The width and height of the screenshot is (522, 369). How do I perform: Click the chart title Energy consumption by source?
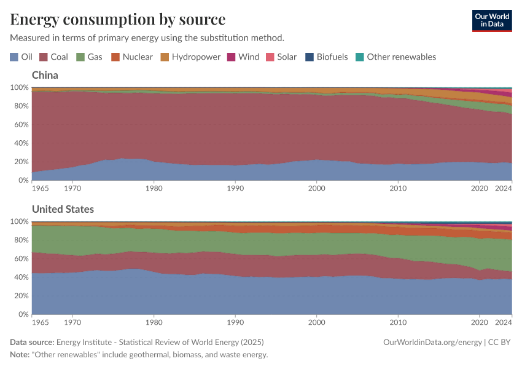(117, 19)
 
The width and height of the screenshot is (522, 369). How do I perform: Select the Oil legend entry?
(21, 57)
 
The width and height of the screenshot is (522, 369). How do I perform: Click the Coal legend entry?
(53, 57)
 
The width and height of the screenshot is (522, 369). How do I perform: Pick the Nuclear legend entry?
(131, 57)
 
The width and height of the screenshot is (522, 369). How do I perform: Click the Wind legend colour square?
(232, 57)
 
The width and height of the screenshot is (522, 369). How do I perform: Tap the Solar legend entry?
(281, 57)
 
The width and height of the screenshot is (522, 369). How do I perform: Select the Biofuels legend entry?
(327, 57)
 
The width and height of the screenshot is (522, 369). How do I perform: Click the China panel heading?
(45, 75)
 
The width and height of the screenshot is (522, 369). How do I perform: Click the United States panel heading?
(63, 209)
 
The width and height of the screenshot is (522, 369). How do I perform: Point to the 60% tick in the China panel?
(20, 125)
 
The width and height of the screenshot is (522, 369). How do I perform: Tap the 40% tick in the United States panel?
(20, 277)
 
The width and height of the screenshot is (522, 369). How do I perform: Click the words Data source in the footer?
(32, 342)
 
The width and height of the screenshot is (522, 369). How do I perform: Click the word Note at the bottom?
(21, 355)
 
